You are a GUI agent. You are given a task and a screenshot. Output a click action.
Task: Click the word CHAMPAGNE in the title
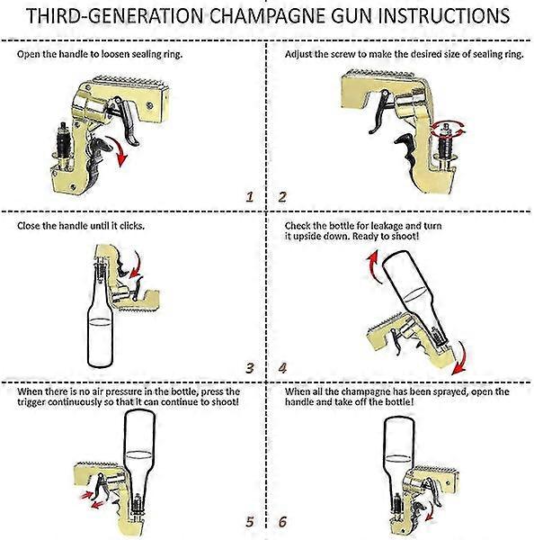pyautogui.click(x=266, y=18)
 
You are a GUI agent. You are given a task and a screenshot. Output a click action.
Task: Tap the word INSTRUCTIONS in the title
pyautogui.click(x=431, y=18)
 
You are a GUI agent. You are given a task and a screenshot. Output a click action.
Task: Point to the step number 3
pyautogui.click(x=251, y=368)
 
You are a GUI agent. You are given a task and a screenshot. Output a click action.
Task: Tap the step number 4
pyautogui.click(x=282, y=368)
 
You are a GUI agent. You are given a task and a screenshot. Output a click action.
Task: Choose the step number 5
pyautogui.click(x=250, y=520)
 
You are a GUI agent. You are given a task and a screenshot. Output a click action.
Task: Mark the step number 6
pyautogui.click(x=282, y=520)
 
